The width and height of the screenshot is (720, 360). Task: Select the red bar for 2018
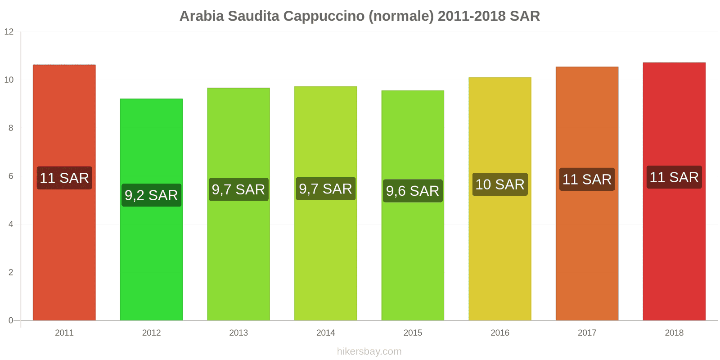click(x=674, y=252)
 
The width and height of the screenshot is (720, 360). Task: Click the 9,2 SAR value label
click(x=151, y=195)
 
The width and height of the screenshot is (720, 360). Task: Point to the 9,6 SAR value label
click(x=413, y=191)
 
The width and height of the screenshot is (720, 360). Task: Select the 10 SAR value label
click(x=499, y=184)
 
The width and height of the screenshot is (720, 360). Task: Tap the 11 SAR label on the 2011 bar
click(x=64, y=178)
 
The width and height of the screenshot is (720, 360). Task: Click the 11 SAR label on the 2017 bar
click(x=587, y=180)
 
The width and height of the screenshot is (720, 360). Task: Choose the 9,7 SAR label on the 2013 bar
click(x=238, y=189)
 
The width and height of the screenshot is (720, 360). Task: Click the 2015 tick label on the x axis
click(x=413, y=333)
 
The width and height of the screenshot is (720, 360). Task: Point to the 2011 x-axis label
click(x=64, y=333)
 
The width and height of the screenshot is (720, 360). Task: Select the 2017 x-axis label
click(x=587, y=333)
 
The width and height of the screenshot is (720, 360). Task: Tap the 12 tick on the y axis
click(x=9, y=32)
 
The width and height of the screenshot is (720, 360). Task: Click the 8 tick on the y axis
click(x=11, y=128)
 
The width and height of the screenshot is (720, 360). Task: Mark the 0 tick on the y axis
click(x=11, y=320)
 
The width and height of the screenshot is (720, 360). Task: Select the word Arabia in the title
click(x=202, y=16)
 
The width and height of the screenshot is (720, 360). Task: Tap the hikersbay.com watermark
click(x=369, y=351)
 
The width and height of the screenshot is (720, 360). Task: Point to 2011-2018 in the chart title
click(x=472, y=16)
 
